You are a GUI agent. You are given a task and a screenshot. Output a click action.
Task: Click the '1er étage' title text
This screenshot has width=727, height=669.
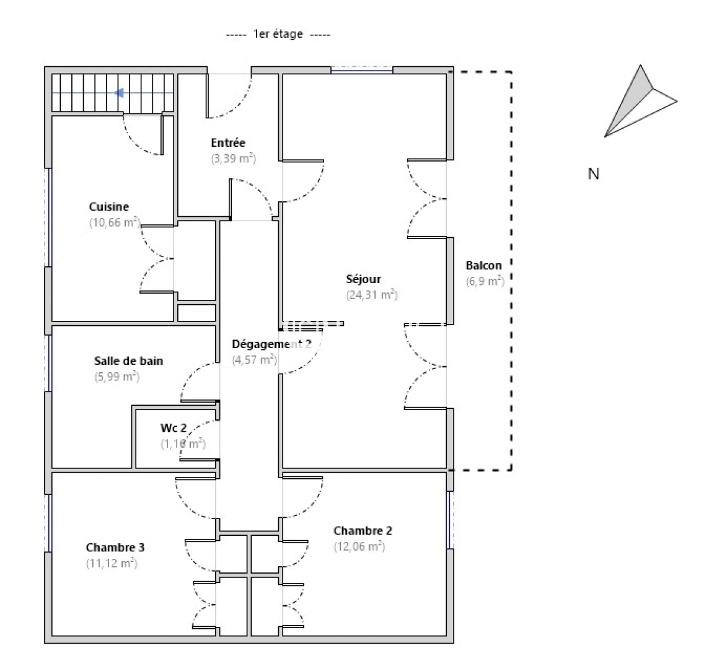pos(278,34)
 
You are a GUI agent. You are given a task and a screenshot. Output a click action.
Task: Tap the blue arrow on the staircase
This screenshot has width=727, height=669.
pos(120,93)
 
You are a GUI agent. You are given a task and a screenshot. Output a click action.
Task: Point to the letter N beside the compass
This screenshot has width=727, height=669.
pos(593,174)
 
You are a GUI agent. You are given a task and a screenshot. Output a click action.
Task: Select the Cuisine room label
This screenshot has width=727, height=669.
pos(109,207)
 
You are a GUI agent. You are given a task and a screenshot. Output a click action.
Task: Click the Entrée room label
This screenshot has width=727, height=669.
pos(228,143)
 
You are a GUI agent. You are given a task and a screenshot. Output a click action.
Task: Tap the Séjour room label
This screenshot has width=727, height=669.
pos(363,279)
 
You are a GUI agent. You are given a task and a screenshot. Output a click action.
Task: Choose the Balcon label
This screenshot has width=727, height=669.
pos(483,265)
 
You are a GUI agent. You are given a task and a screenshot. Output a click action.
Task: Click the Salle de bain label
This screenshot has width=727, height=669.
pos(128,361)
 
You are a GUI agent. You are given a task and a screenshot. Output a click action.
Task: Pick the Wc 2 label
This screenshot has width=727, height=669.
pos(174,428)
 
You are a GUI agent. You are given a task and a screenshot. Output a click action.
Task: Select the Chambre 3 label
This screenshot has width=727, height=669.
pos(115,548)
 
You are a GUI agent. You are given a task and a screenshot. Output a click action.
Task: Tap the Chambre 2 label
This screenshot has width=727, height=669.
pos(363,531)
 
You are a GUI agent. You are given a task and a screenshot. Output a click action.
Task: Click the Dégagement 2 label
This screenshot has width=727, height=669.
pos(271,344)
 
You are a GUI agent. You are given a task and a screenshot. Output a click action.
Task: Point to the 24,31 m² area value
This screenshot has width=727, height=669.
pos(372,295)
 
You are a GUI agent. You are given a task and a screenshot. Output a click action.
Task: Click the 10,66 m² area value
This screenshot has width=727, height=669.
pos(114,223)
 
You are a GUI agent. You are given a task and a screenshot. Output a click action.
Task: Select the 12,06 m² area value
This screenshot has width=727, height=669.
pos(359,546)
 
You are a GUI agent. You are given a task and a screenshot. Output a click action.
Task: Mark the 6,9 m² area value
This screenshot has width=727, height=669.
pos(485,281)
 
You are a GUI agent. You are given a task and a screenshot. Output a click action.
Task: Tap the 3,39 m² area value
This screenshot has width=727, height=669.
pos(233,159)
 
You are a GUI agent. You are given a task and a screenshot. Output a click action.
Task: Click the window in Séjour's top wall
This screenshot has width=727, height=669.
pos(361,70)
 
